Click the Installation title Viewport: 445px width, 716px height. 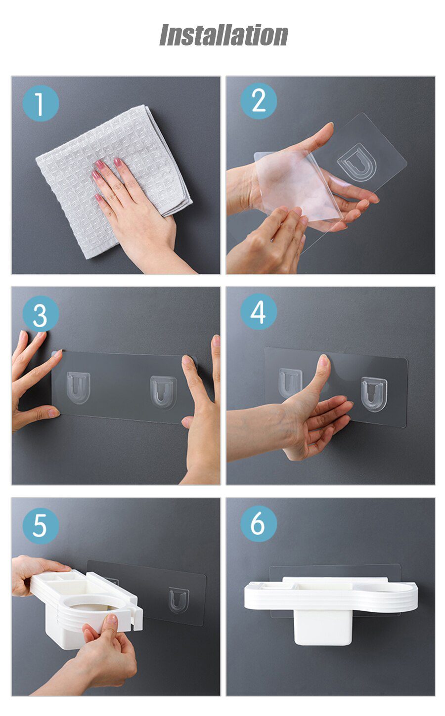(223, 35)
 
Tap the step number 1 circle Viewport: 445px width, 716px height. (41, 103)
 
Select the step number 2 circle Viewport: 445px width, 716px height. (259, 101)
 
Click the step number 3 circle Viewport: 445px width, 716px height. (41, 314)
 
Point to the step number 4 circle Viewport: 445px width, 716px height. (259, 312)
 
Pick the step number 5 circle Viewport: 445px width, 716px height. (41, 526)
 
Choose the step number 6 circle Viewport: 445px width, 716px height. (259, 524)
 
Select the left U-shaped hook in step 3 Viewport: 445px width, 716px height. (79, 388)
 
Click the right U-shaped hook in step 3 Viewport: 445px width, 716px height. (163, 392)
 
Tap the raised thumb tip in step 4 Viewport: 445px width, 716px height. (324, 361)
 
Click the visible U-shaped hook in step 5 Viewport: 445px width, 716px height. (178, 598)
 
